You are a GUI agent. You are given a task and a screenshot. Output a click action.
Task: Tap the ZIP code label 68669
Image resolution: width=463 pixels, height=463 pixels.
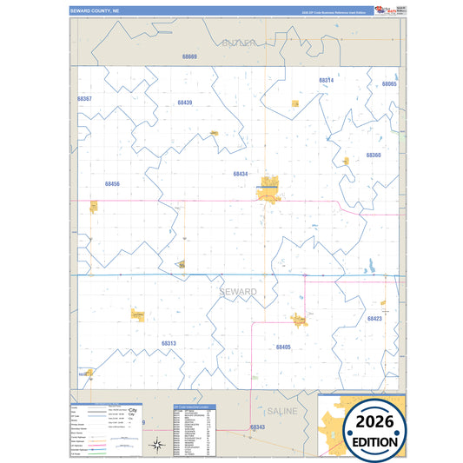tap(189, 56)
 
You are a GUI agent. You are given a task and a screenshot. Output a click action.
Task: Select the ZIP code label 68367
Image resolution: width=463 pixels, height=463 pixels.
tap(84, 99)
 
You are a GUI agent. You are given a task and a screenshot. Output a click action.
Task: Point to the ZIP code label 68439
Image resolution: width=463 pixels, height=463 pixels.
tap(184, 103)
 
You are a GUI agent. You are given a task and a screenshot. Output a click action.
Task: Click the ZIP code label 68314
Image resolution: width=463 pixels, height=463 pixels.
tap(326, 80)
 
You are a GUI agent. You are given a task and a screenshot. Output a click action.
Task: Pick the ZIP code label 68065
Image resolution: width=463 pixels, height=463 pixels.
tap(388, 83)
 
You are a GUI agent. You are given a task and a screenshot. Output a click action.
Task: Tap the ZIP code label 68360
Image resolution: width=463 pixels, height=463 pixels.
tap(374, 155)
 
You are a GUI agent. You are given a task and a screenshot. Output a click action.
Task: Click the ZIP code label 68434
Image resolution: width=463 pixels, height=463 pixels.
tap(241, 174)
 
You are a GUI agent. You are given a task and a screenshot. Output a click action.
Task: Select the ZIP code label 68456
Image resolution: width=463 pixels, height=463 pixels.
tap(112, 184)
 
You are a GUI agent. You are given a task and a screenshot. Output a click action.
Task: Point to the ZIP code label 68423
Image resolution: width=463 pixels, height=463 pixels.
tap(374, 319)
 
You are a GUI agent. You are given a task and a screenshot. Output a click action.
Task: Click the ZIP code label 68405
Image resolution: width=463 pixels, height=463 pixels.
tap(283, 347)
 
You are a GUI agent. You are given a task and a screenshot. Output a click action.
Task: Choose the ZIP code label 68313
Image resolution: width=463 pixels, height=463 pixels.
tap(169, 343)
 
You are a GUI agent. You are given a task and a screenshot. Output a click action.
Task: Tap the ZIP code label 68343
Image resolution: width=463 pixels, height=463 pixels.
tap(257, 427)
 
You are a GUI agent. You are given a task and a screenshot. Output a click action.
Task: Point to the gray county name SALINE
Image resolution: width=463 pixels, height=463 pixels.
tap(283, 410)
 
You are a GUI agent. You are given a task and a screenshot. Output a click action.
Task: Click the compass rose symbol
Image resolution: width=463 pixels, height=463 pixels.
tap(156, 446)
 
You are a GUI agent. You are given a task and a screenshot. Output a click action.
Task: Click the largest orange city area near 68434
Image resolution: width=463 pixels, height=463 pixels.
tap(268, 190)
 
